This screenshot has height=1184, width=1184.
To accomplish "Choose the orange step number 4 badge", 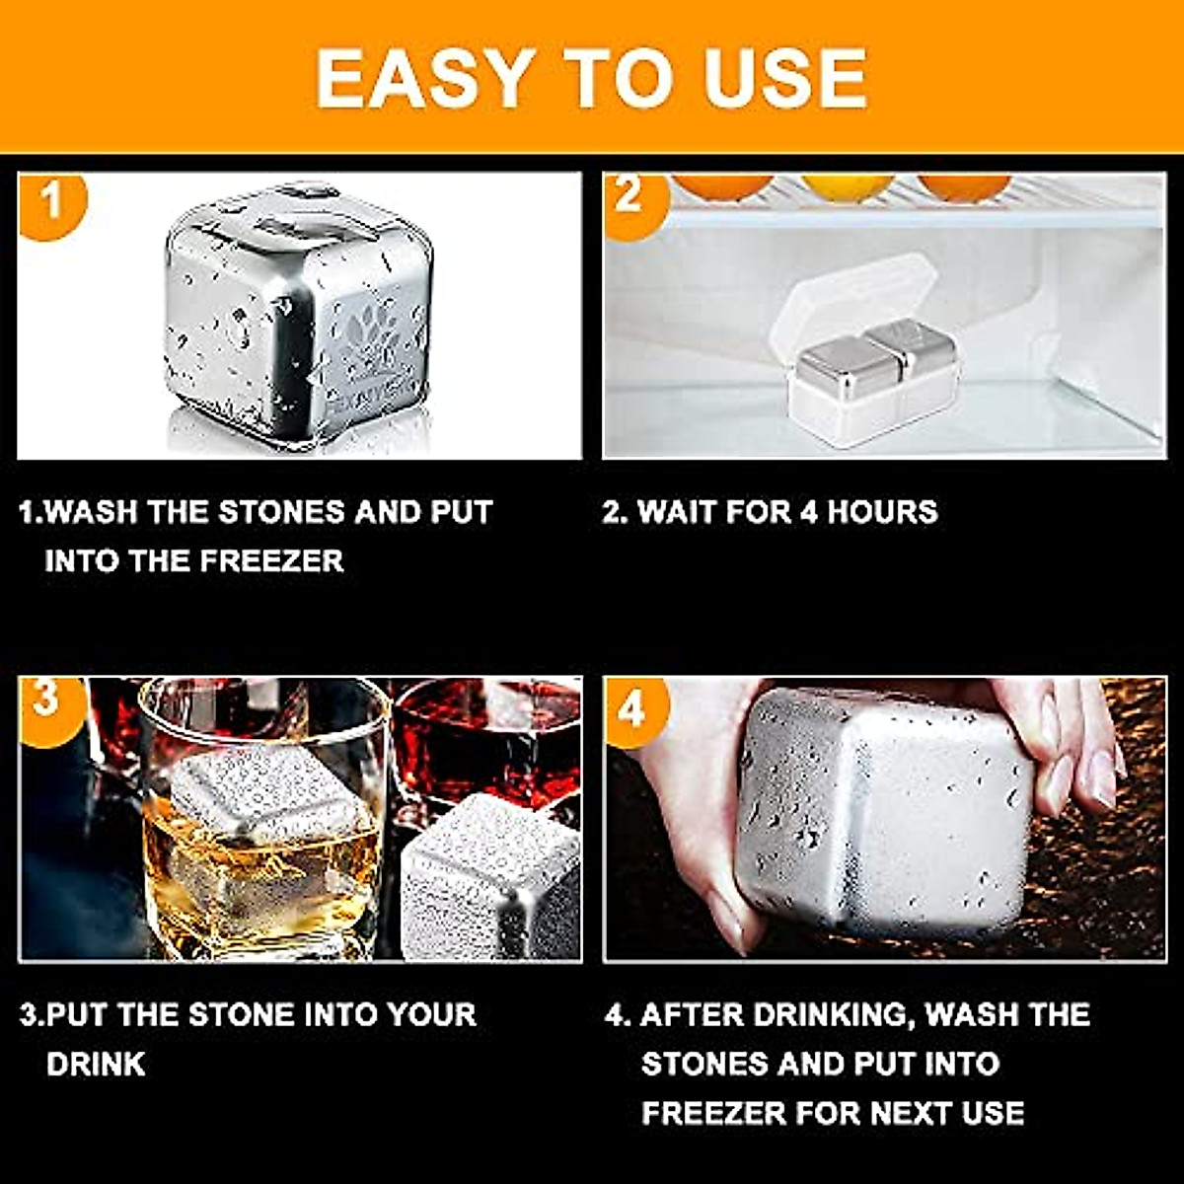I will coord(633,708).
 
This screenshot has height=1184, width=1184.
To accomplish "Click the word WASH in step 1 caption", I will coord(95,512).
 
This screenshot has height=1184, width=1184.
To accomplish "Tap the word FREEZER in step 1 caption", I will coord(272,561).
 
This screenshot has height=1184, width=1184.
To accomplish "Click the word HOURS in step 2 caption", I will coord(882,512).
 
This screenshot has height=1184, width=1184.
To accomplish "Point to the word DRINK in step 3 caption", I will coord(96,1065).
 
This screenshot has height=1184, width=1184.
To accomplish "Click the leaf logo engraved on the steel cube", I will coord(370,335).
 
